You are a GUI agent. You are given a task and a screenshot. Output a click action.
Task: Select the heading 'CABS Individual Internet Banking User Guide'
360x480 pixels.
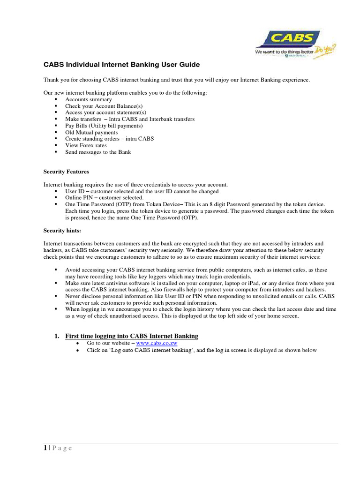click(x=121, y=65)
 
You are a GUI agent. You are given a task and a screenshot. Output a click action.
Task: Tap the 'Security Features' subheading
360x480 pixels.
click(x=66, y=172)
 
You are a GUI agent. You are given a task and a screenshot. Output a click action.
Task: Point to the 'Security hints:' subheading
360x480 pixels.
click(x=62, y=231)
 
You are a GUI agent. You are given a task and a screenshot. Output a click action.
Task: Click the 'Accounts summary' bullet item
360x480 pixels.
click(x=89, y=100)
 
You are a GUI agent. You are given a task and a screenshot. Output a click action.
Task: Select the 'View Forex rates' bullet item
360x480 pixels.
click(x=86, y=146)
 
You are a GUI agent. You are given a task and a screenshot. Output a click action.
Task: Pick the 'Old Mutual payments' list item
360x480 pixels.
click(x=91, y=133)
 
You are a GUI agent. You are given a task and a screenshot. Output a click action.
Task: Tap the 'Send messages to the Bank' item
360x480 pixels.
click(x=98, y=152)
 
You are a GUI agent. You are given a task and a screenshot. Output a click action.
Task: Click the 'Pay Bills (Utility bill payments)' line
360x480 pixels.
click(x=104, y=126)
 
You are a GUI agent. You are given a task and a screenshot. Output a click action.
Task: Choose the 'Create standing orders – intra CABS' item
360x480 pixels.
click(x=109, y=139)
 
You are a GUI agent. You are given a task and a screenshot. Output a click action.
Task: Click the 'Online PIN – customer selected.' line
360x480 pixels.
click(x=104, y=198)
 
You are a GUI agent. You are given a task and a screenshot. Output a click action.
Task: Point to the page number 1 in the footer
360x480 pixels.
click(x=45, y=448)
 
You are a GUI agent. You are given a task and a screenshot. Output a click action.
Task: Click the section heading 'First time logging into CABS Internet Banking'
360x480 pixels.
click(x=131, y=336)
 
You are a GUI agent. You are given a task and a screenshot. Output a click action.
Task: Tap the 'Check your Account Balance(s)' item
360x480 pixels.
click(x=104, y=106)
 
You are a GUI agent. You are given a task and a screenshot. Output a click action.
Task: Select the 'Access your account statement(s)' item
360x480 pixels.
click(x=105, y=113)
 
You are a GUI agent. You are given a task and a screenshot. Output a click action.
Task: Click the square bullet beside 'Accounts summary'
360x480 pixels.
click(x=56, y=100)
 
